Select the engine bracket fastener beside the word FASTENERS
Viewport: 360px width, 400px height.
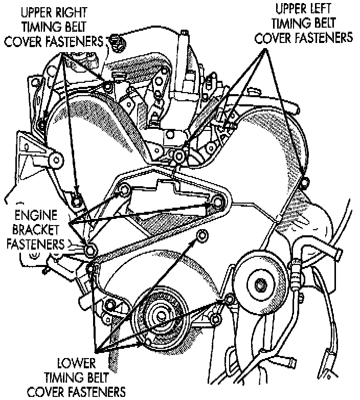coord(91,251)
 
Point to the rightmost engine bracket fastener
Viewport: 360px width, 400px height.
coord(215,205)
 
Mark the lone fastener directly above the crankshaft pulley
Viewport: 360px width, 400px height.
coord(201,236)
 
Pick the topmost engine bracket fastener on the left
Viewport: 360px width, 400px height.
coord(123,191)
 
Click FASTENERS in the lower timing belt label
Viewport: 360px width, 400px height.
coord(76,392)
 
